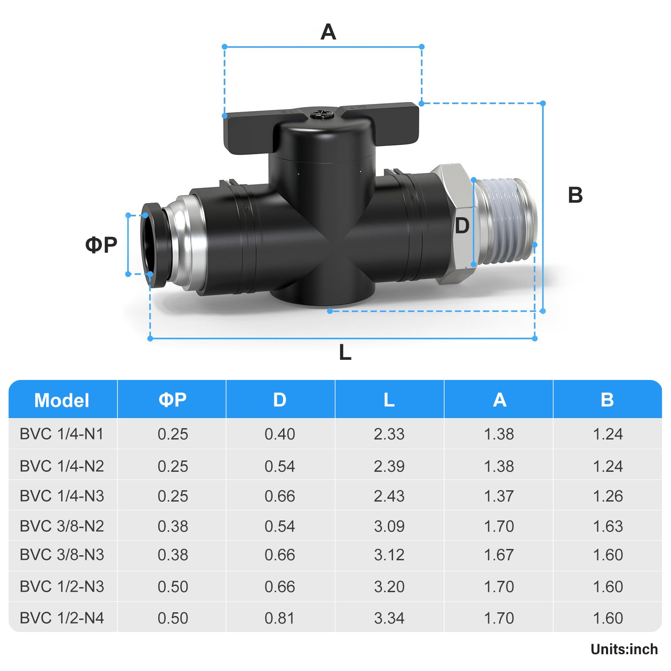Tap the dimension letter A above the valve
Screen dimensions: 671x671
(328, 32)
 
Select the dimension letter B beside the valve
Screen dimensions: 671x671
(575, 195)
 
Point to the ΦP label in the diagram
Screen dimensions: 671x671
(101, 244)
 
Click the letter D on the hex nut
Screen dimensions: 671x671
(462, 226)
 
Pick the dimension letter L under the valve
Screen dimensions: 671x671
(345, 352)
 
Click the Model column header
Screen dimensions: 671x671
(62, 400)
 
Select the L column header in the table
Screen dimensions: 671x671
(389, 400)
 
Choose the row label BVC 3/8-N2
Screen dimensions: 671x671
(62, 526)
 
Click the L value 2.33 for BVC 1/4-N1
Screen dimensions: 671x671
(389, 434)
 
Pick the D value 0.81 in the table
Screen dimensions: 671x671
(280, 618)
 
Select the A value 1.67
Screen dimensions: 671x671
(499, 555)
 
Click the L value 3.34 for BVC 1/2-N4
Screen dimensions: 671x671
(389, 618)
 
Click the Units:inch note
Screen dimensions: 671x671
(624, 649)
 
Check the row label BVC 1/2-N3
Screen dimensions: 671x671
(62, 586)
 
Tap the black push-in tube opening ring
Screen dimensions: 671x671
(153, 245)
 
